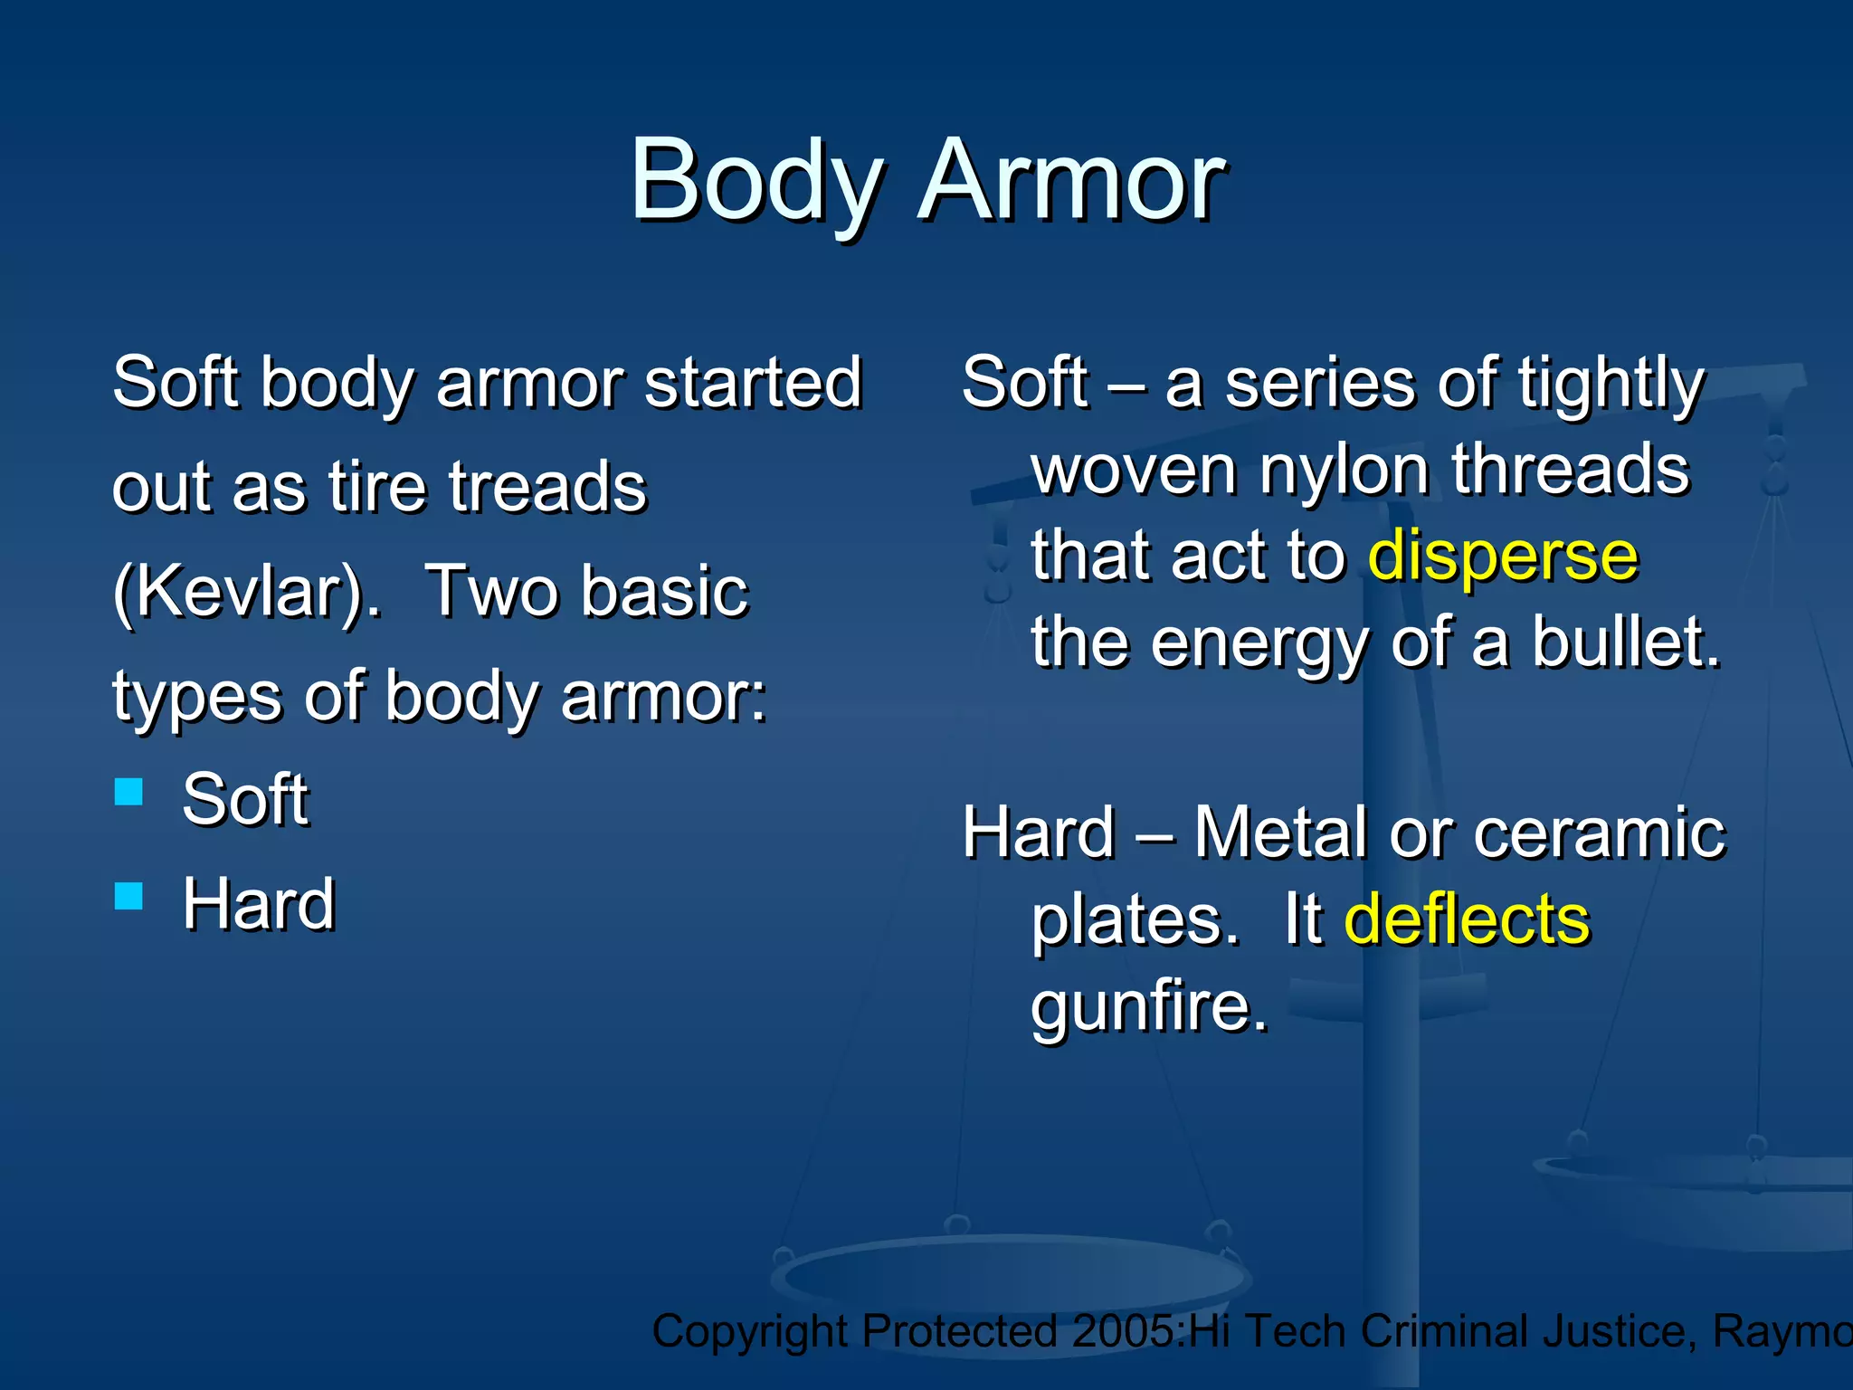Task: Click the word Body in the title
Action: coord(756,181)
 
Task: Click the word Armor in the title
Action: coord(1071,181)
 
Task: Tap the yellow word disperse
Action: coord(1502,556)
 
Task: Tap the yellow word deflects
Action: coord(1467,919)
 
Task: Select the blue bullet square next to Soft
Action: coord(129,792)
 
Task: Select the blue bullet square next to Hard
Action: coord(129,896)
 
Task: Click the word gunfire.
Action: coord(1149,1006)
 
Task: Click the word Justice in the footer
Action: coord(1619,1331)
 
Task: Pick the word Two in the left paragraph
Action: coord(489,592)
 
